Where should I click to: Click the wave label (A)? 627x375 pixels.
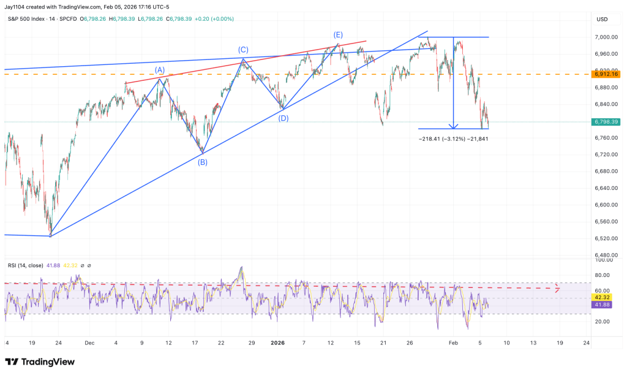click(x=160, y=70)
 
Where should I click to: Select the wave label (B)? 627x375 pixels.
click(x=202, y=162)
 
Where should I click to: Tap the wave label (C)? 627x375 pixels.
click(x=243, y=49)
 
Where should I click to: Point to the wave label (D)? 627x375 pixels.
click(x=283, y=118)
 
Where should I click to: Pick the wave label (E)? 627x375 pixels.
click(x=337, y=34)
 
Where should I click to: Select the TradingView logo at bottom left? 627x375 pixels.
click(x=39, y=362)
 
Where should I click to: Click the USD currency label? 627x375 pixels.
click(x=601, y=19)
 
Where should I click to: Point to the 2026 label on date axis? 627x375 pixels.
click(x=277, y=343)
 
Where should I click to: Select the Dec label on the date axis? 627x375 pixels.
click(x=90, y=343)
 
